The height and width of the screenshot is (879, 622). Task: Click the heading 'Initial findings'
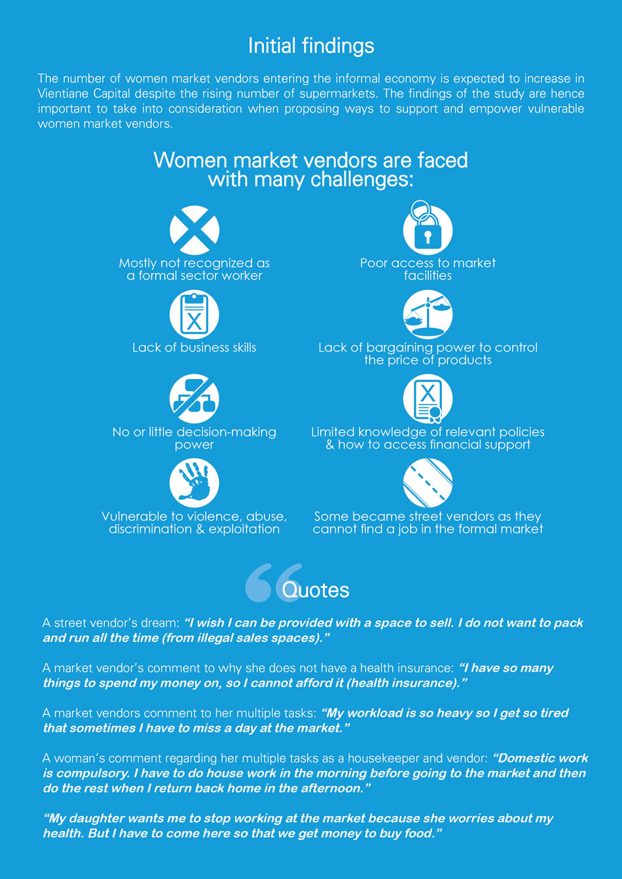click(x=311, y=46)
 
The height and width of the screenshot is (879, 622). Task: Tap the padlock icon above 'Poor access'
click(x=428, y=230)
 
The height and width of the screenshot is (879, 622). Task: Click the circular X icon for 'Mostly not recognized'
click(x=194, y=230)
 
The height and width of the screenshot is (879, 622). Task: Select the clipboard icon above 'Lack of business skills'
click(x=194, y=315)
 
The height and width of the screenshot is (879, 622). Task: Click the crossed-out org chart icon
click(x=194, y=399)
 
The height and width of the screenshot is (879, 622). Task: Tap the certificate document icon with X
click(x=428, y=399)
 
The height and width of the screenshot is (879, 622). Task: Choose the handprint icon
click(x=194, y=483)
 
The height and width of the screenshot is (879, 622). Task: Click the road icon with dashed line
click(x=428, y=483)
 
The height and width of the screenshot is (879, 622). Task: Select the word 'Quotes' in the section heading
click(x=316, y=590)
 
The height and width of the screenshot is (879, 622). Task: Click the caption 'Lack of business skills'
click(x=194, y=348)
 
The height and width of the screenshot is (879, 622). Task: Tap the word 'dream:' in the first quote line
click(x=161, y=623)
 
